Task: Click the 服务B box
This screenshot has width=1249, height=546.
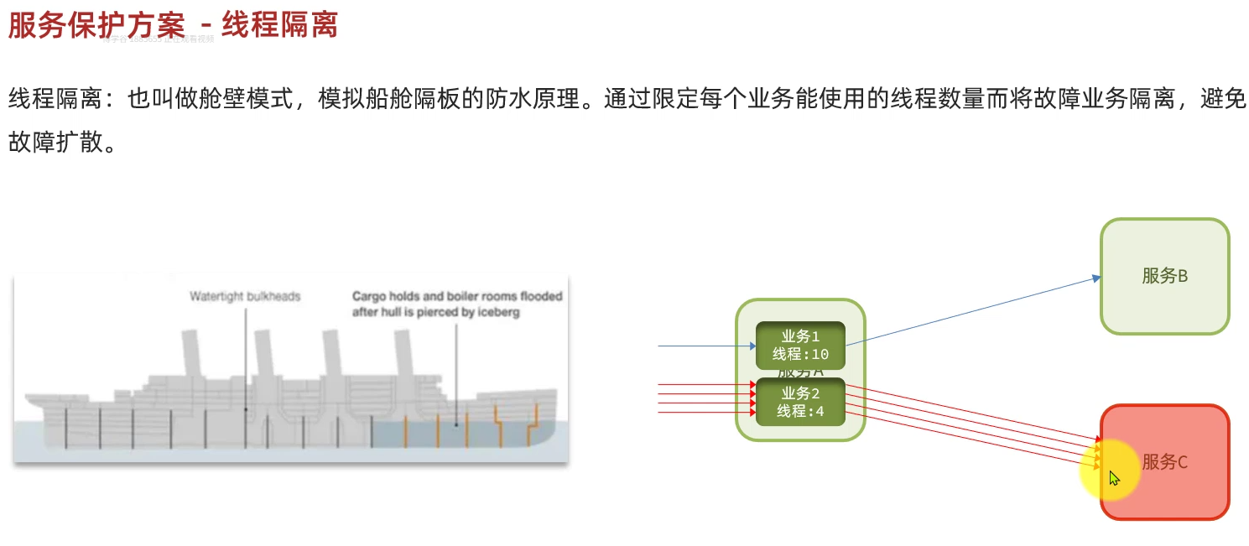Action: pos(1164,276)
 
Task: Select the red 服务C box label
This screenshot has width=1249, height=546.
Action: pos(1165,462)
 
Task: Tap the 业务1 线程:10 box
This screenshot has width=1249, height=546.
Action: pos(800,346)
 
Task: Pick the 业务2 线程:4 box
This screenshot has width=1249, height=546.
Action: pos(800,402)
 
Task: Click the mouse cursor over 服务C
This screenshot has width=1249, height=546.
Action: pos(1113,477)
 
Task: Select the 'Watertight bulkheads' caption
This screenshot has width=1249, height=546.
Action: pos(244,296)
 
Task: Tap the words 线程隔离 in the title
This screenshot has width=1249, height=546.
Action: pos(280,25)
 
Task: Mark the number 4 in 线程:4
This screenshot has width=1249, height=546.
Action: pos(820,411)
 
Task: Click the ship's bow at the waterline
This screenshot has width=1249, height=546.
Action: pos(549,428)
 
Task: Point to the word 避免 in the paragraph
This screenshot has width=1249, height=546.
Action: pos(1224,99)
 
